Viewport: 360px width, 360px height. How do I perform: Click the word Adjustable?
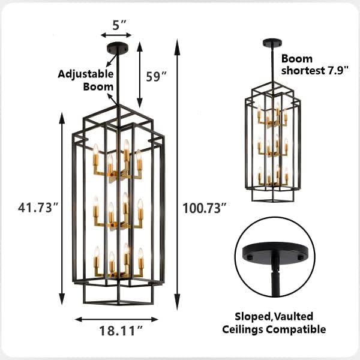(x=86, y=74)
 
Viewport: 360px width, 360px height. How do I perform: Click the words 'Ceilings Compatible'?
(x=281, y=329)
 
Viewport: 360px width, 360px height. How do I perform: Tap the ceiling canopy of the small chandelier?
(x=271, y=43)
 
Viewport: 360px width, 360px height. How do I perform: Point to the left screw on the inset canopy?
(x=247, y=256)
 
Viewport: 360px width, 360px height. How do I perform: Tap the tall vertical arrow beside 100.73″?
(x=177, y=174)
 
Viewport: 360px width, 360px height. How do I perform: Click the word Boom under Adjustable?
(x=98, y=86)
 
